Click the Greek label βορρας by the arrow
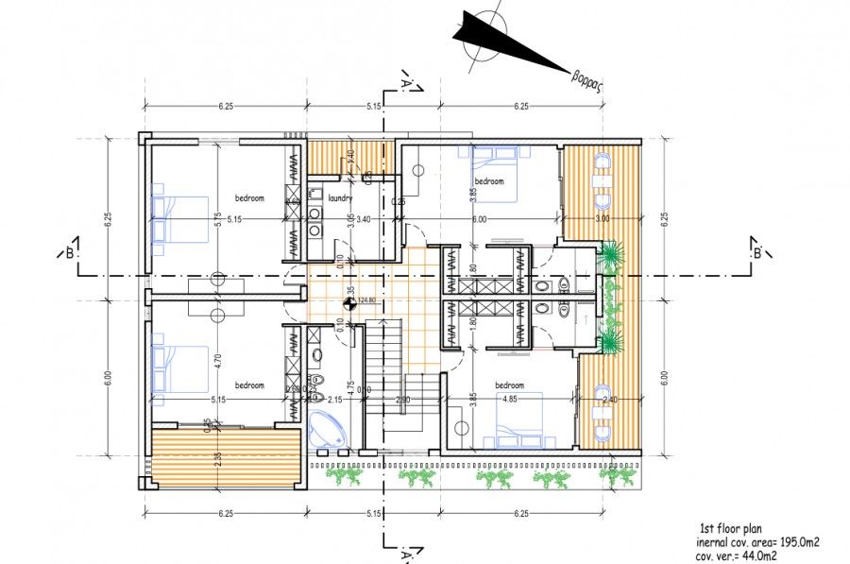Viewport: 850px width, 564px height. coord(587,78)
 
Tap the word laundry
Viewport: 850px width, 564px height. coord(340,197)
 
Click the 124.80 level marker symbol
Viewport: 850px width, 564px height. coord(348,303)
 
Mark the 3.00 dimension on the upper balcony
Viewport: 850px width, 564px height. coord(602,218)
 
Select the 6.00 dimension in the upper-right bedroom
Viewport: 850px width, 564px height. coord(479,218)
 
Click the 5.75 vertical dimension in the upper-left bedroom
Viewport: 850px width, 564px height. coord(216,217)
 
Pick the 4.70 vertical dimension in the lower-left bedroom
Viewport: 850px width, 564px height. coord(216,360)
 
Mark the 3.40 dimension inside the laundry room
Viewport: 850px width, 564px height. coord(365,218)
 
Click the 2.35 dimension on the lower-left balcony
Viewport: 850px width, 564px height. coord(216,457)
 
